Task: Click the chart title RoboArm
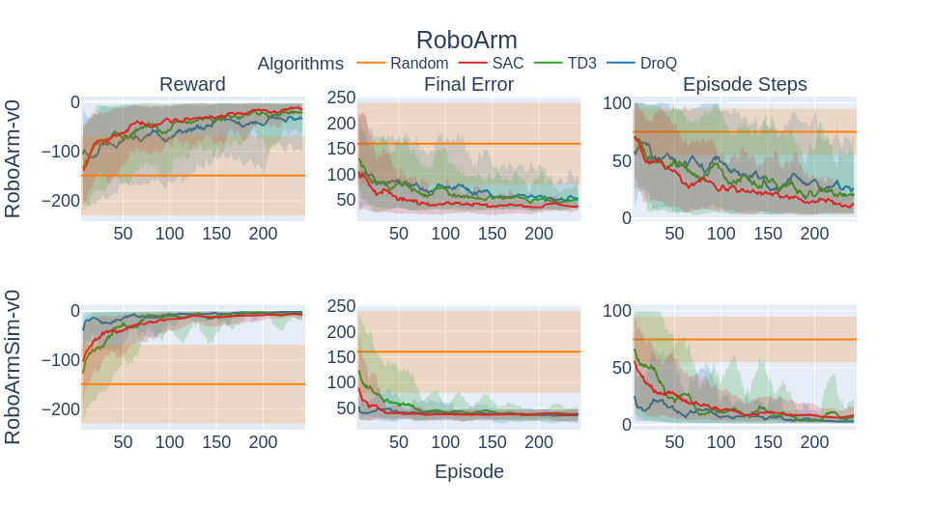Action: (x=466, y=40)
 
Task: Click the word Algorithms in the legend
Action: (x=300, y=64)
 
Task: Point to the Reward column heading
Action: (x=192, y=85)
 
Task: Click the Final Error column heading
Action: (x=468, y=85)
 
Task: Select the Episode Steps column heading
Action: (x=745, y=85)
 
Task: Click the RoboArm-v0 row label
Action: (x=14, y=158)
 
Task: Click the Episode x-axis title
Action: (x=468, y=471)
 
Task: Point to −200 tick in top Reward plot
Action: (x=60, y=201)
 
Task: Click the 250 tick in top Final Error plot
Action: (x=342, y=97)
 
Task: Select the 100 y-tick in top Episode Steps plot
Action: (x=617, y=103)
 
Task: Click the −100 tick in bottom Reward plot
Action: (x=60, y=359)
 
